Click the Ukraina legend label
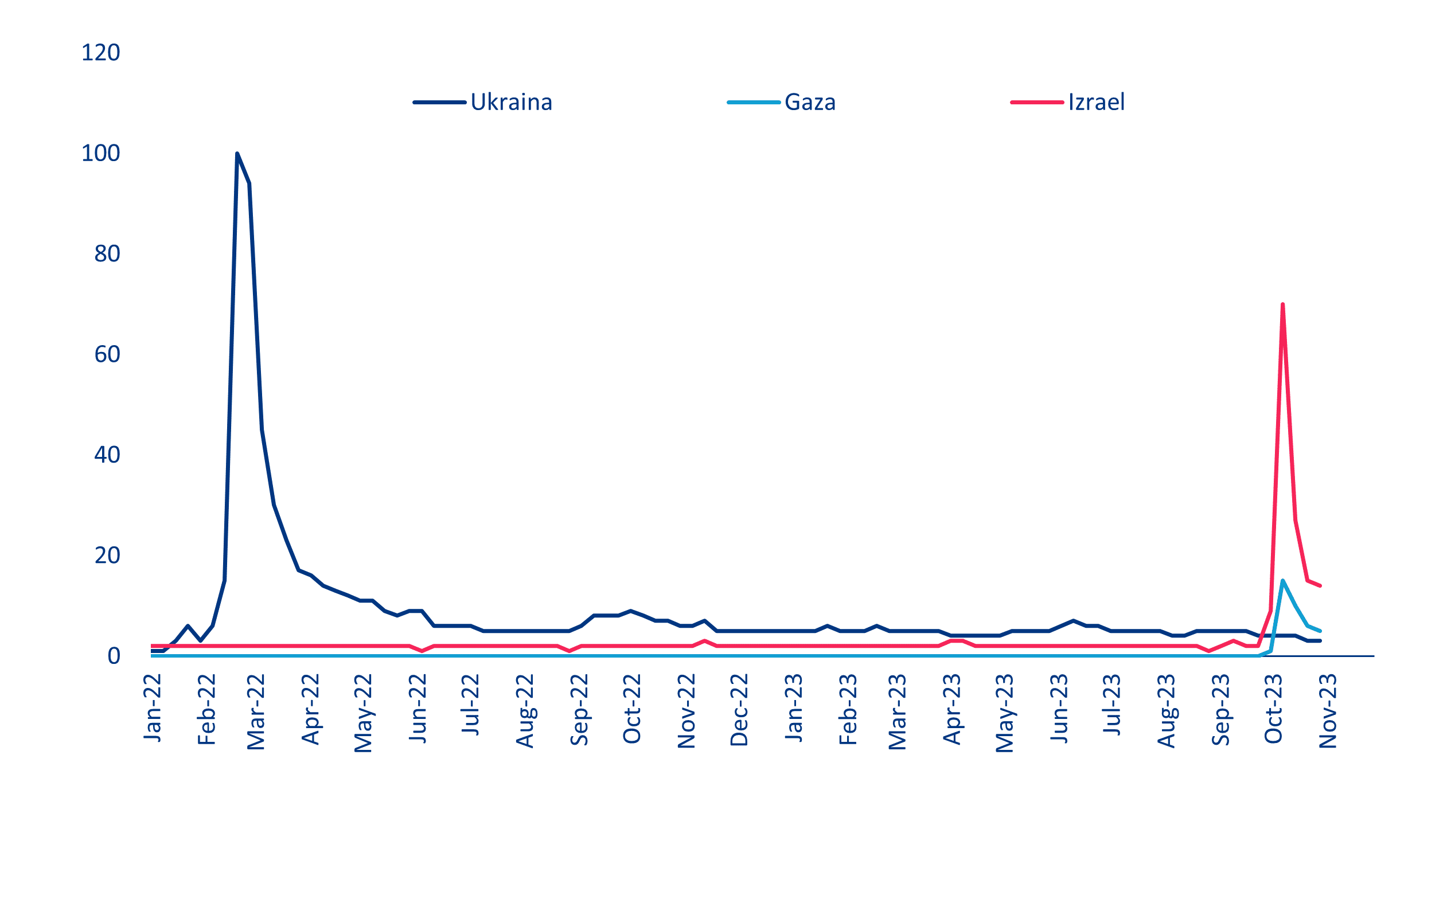pyautogui.click(x=511, y=103)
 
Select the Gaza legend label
pyautogui.click(x=810, y=103)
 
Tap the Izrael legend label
pyautogui.click(x=1096, y=103)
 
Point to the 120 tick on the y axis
pyautogui.click(x=100, y=53)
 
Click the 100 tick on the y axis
pyautogui.click(x=100, y=154)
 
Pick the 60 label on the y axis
pyautogui.click(x=107, y=354)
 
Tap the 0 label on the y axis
pyautogui.click(x=114, y=655)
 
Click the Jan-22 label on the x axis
pyautogui.click(x=153, y=707)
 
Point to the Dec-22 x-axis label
pyautogui.click(x=739, y=710)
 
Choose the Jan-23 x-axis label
pyautogui.click(x=794, y=707)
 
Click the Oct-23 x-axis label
pyautogui.click(x=1273, y=709)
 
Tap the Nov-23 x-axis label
pyautogui.click(x=1328, y=711)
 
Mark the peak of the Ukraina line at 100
pyautogui.click(x=237, y=154)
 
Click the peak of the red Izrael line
pyautogui.click(x=1282, y=304)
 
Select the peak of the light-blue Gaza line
pyautogui.click(x=1282, y=580)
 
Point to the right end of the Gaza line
pyautogui.click(x=1320, y=631)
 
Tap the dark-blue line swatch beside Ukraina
pyautogui.click(x=440, y=103)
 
